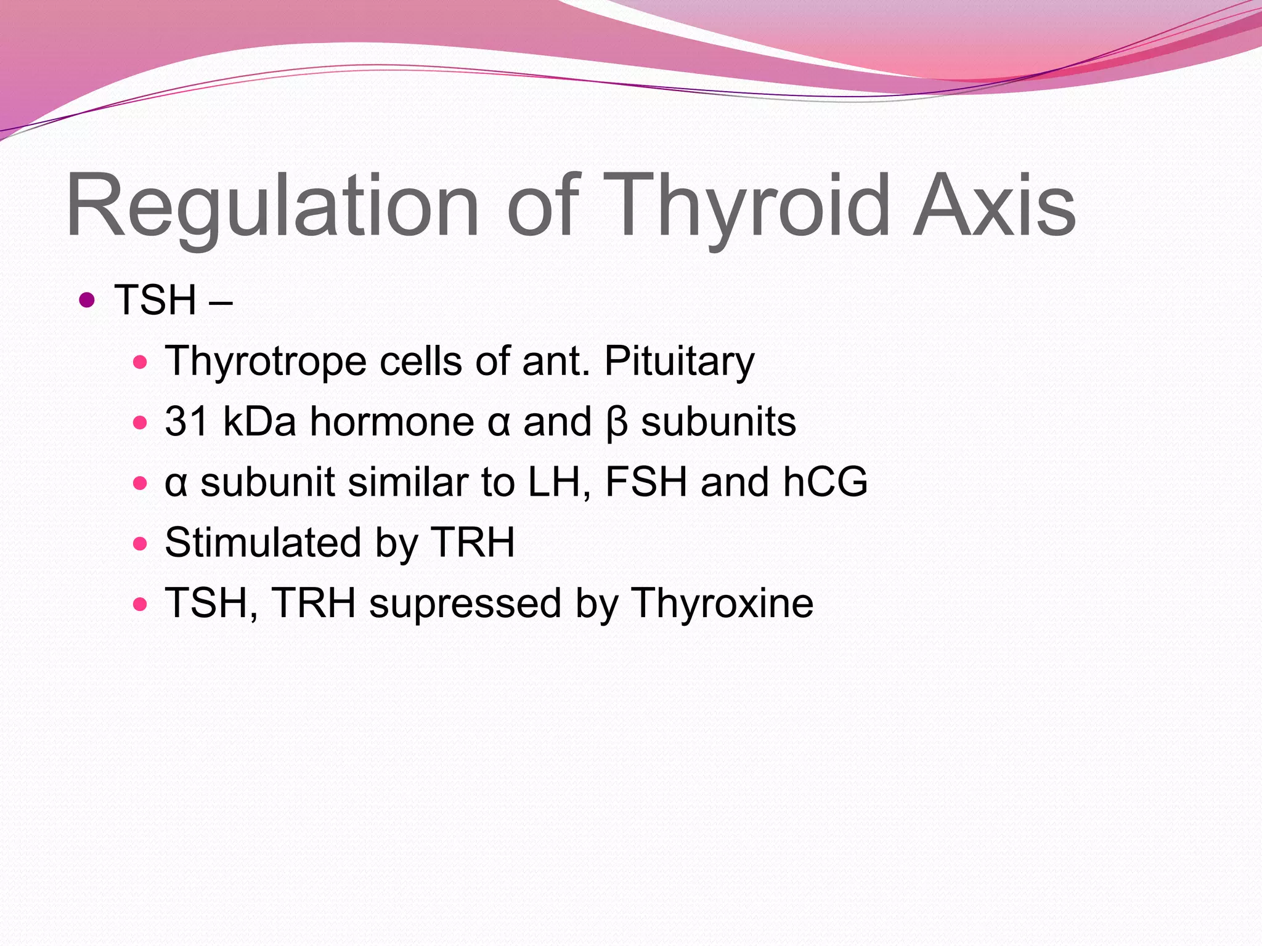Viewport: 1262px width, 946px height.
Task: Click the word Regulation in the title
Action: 271,206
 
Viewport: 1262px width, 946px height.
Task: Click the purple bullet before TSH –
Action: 87,301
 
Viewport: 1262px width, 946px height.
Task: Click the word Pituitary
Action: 679,362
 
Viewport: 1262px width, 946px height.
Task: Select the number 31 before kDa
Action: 186,422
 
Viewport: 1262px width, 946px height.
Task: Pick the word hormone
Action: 392,422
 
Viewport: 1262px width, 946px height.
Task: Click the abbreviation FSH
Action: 646,482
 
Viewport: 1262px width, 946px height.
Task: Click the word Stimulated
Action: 263,543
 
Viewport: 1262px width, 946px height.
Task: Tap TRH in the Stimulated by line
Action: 472,543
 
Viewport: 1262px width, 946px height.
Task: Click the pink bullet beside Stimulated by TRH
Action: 140,544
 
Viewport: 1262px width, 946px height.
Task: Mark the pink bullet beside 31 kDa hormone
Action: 140,423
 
